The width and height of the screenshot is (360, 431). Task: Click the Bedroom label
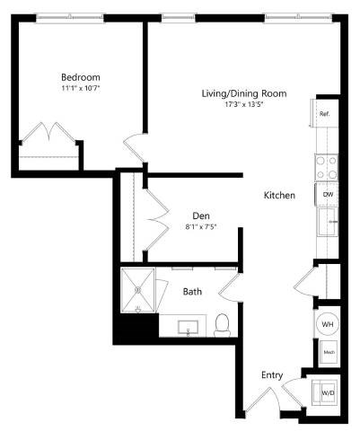[x=81, y=77]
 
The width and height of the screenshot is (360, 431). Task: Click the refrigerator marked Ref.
[x=324, y=114]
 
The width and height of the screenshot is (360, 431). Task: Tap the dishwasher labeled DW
[x=329, y=194]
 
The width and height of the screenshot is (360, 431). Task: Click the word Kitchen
[x=279, y=195]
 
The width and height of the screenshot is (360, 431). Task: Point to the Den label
[x=201, y=215]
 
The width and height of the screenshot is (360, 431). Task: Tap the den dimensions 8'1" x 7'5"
[x=201, y=226]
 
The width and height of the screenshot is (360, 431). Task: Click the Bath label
[x=192, y=292]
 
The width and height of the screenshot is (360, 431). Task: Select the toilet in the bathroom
[x=222, y=324]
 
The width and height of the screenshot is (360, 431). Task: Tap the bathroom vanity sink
[x=189, y=324]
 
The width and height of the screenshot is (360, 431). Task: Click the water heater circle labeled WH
[x=328, y=325]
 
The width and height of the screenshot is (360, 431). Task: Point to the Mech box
[x=329, y=353]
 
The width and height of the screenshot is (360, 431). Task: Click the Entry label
[x=271, y=374]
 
